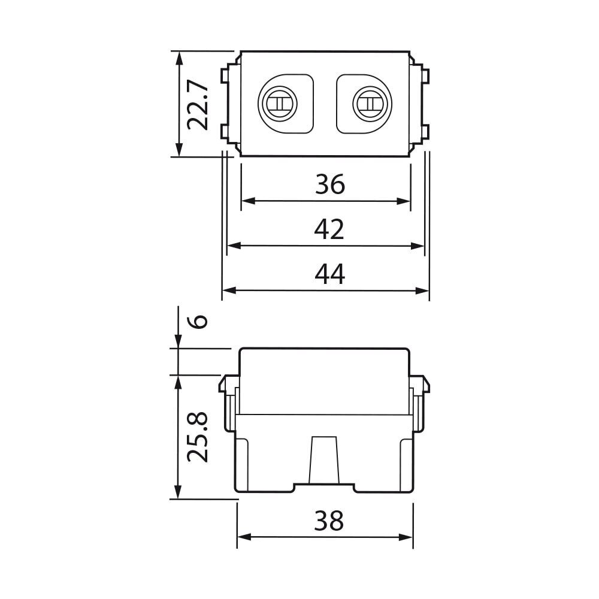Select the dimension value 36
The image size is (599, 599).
[330, 184]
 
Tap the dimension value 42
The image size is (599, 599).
[329, 229]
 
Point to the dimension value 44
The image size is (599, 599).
[330, 274]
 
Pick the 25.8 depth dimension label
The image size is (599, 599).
[198, 437]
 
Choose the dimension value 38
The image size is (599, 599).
[329, 521]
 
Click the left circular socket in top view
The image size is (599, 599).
[278, 104]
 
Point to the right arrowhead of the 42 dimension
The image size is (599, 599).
[417, 246]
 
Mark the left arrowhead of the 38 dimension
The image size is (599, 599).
[244, 537]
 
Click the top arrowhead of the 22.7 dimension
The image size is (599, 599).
[179, 58]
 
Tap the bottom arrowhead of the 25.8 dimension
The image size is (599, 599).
[178, 492]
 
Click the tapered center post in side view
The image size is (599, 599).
[324, 460]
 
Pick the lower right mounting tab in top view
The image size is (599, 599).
[425, 132]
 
